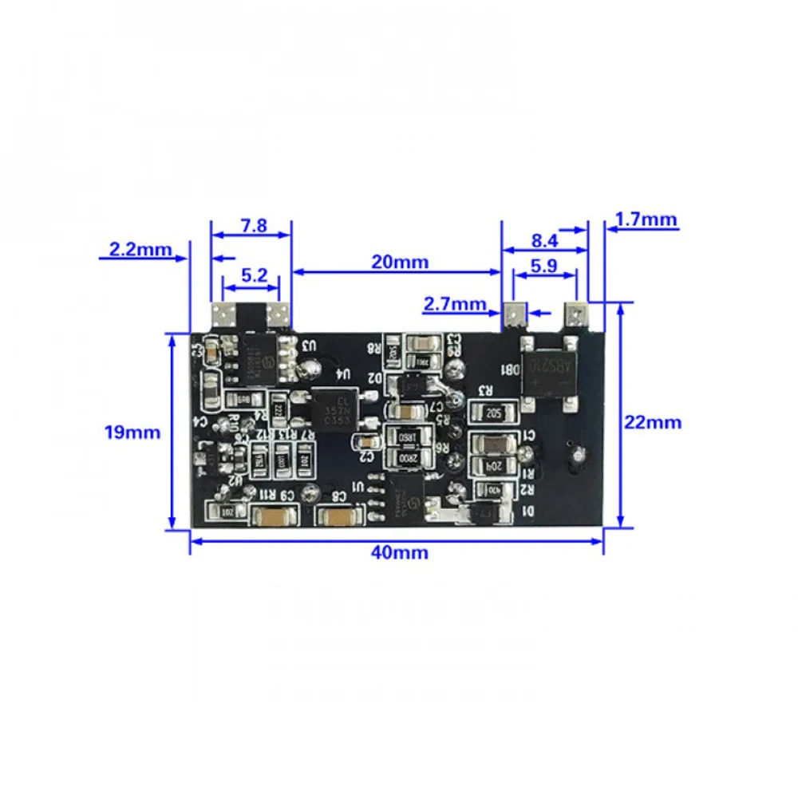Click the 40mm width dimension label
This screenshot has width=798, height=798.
(400, 552)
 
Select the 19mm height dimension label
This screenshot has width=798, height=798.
(132, 433)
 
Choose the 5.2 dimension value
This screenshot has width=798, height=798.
(253, 275)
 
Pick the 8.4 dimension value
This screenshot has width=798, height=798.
(544, 239)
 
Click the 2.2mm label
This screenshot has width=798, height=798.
(140, 249)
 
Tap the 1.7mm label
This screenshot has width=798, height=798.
(646, 219)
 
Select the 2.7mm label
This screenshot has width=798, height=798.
(455, 303)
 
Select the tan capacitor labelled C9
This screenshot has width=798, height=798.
(275, 517)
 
